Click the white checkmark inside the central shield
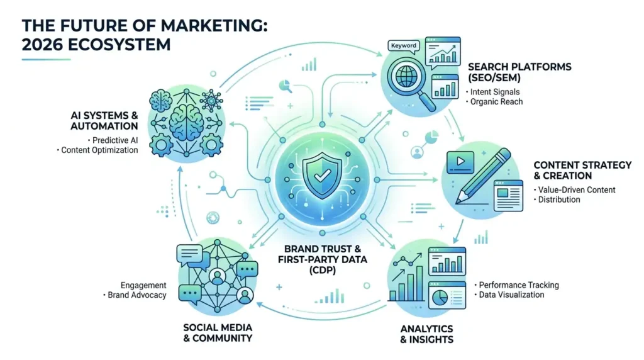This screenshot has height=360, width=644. pyautogui.click(x=322, y=176)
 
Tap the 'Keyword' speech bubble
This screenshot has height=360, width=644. pyautogui.click(x=403, y=47)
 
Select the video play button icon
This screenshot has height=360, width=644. pyautogui.click(x=460, y=162)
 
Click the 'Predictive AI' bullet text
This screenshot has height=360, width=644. pyautogui.click(x=115, y=140)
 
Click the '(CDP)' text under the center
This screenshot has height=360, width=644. pyautogui.click(x=323, y=271)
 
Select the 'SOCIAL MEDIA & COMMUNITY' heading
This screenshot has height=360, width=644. pyautogui.click(x=218, y=333)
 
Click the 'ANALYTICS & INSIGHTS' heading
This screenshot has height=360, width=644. pyautogui.click(x=427, y=334)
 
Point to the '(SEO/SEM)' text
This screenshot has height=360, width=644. pyautogui.click(x=494, y=77)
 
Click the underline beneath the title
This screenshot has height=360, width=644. pyautogui.click(x=46, y=60)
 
